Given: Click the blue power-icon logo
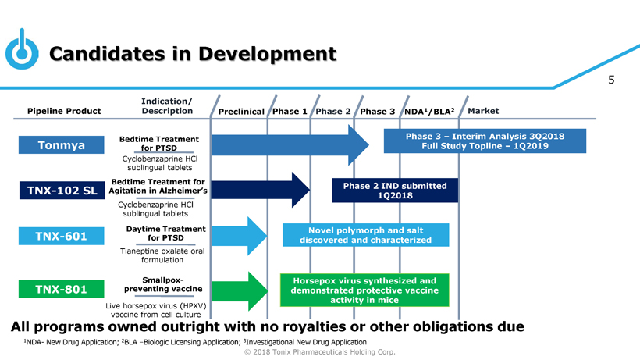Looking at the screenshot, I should pos(20,49).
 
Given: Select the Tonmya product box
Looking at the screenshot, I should pos(62,145).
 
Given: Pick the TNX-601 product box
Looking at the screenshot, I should pos(62,236).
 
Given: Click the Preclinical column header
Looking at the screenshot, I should pos(240,112).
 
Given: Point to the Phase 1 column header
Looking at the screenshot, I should pos(290,112).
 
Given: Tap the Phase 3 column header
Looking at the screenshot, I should pos(377,112).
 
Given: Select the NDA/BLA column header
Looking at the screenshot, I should pos(427,112).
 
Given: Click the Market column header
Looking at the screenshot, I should pos(482,111).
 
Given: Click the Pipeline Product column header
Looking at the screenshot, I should pos(64,111).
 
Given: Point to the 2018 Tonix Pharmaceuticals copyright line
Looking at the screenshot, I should pos(319,352).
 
